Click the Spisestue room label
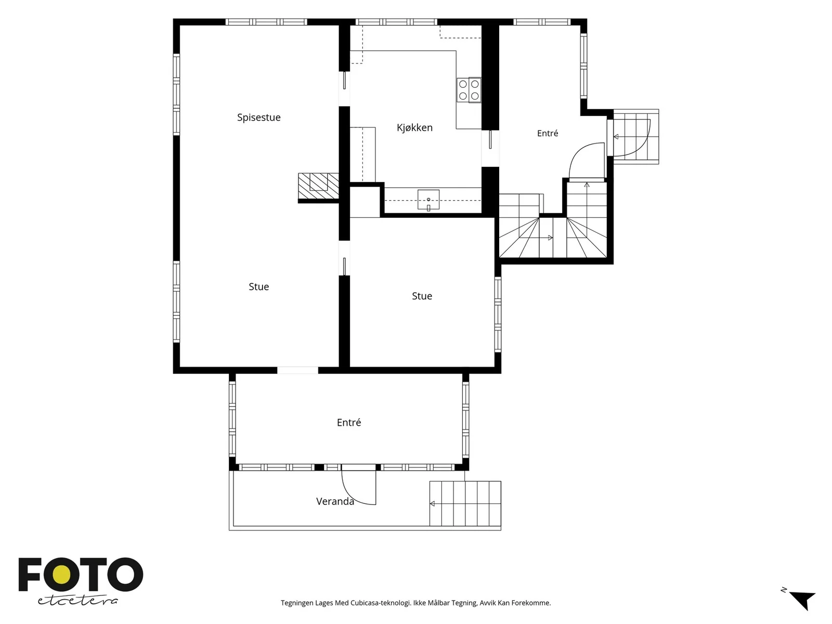[258, 118]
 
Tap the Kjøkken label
[414, 128]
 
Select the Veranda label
[335, 501]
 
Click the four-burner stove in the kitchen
[469, 90]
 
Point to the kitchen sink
[428, 200]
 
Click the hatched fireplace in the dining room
[318, 186]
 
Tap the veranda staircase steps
[465, 503]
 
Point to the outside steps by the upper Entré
[635, 137]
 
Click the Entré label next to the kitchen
[548, 133]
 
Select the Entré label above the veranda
[349, 422]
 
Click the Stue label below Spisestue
[258, 287]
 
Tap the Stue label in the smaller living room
[422, 296]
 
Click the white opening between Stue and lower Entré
[297, 371]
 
